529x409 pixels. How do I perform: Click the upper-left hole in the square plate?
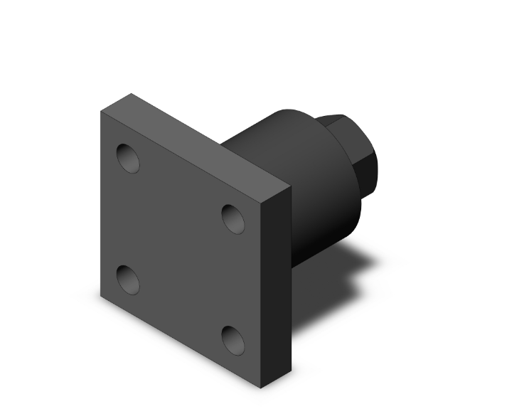pos(128,158)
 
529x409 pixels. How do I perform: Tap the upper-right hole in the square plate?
pos(233,218)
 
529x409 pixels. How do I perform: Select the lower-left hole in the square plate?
pos(128,280)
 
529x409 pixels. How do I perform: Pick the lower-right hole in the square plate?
pos(233,340)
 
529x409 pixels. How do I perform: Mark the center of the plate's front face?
pos(181,249)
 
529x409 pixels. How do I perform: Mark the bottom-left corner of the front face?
pos(100,296)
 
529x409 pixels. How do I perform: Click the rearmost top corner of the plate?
pos(130,92)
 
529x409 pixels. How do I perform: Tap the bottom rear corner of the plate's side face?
pos(291,372)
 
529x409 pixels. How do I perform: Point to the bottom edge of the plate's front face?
pos(181,343)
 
